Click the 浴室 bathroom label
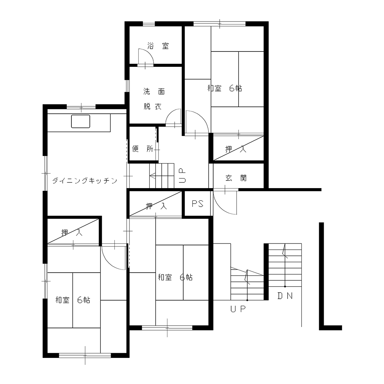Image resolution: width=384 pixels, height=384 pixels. (158, 46)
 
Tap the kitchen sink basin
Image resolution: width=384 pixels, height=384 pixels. (81, 121)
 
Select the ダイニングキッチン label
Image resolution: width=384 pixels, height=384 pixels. (85, 181)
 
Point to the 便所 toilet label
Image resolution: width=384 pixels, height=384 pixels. (143, 149)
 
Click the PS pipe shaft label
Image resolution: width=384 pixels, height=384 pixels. (198, 204)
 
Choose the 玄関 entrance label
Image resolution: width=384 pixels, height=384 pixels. (236, 178)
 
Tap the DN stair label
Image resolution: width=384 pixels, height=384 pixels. (285, 296)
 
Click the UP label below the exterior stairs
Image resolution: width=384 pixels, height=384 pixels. (238, 309)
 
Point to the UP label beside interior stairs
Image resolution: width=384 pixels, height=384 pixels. (182, 175)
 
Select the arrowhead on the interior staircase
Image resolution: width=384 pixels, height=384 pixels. (152, 176)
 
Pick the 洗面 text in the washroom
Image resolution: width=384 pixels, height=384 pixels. (154, 92)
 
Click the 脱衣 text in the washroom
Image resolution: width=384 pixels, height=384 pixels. (152, 106)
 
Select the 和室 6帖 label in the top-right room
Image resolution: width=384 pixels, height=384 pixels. (225, 88)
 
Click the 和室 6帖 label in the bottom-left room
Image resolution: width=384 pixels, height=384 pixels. (73, 300)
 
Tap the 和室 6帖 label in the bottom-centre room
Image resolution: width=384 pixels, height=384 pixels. (175, 278)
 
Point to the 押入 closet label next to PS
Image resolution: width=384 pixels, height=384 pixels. (156, 206)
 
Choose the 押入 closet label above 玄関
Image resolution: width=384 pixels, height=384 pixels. (236, 149)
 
